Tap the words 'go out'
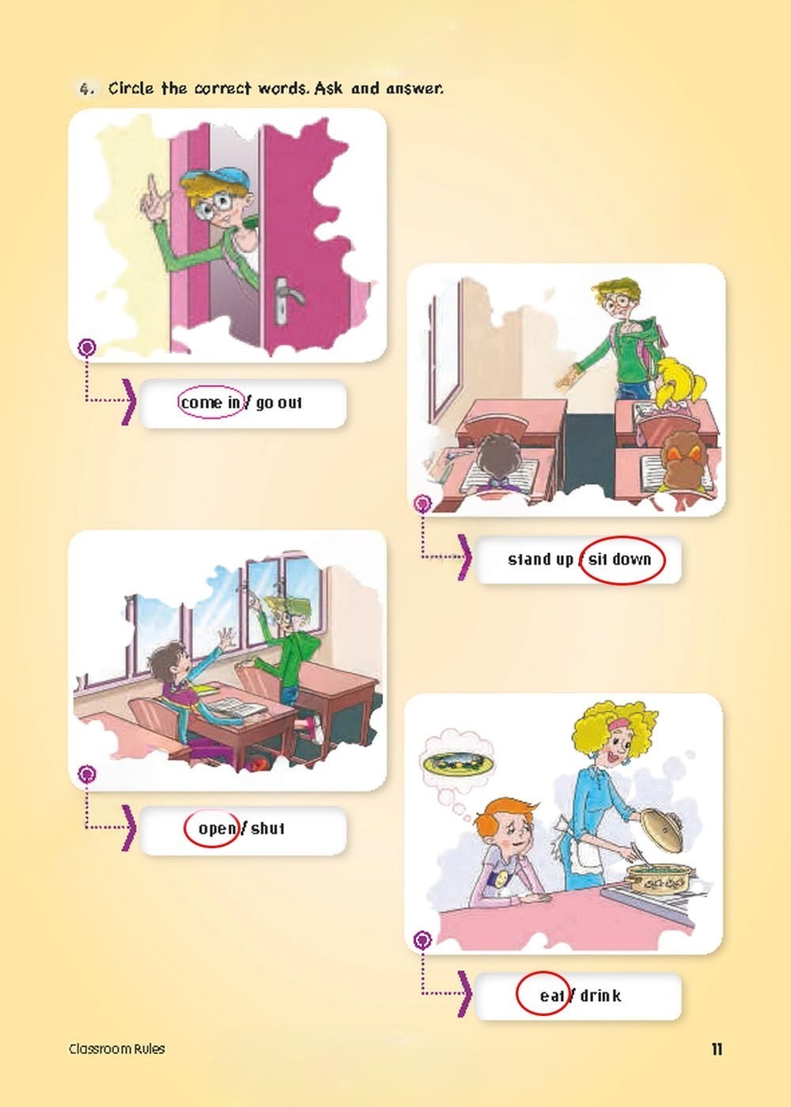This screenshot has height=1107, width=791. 278,404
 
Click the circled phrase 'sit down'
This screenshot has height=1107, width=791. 619,559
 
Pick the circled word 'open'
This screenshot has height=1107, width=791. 217,828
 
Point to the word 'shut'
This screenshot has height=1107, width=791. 268,828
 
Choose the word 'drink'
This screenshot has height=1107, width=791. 600,995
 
